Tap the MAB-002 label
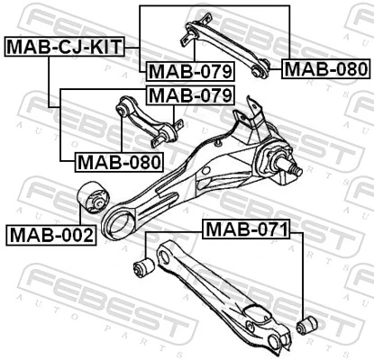click(x=51, y=237)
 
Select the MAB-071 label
click(x=245, y=230)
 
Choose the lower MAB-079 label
click(x=189, y=94)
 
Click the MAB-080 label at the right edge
click(x=325, y=68)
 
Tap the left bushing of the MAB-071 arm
click(x=141, y=265)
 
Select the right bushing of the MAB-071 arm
click(x=306, y=322)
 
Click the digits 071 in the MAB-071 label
click(x=268, y=230)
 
